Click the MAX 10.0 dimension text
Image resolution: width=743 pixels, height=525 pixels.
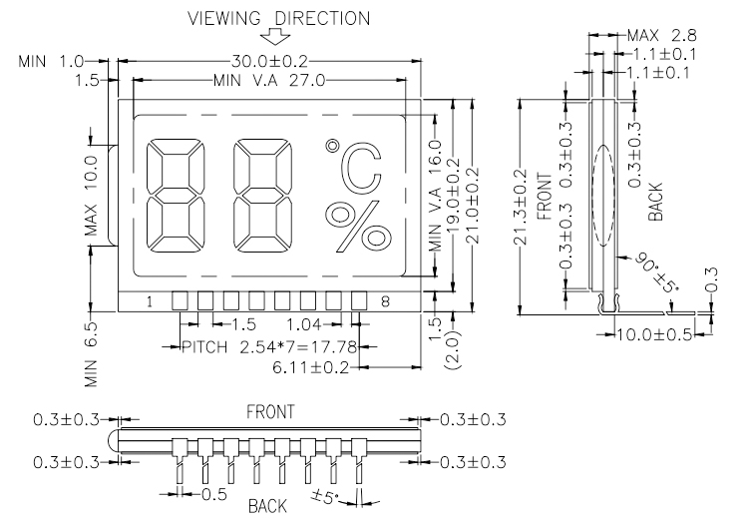click(93, 198)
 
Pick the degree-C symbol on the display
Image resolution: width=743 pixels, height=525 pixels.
click(354, 169)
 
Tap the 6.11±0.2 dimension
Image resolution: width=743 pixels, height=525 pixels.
click(313, 368)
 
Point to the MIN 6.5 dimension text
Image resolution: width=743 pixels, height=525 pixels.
click(93, 355)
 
